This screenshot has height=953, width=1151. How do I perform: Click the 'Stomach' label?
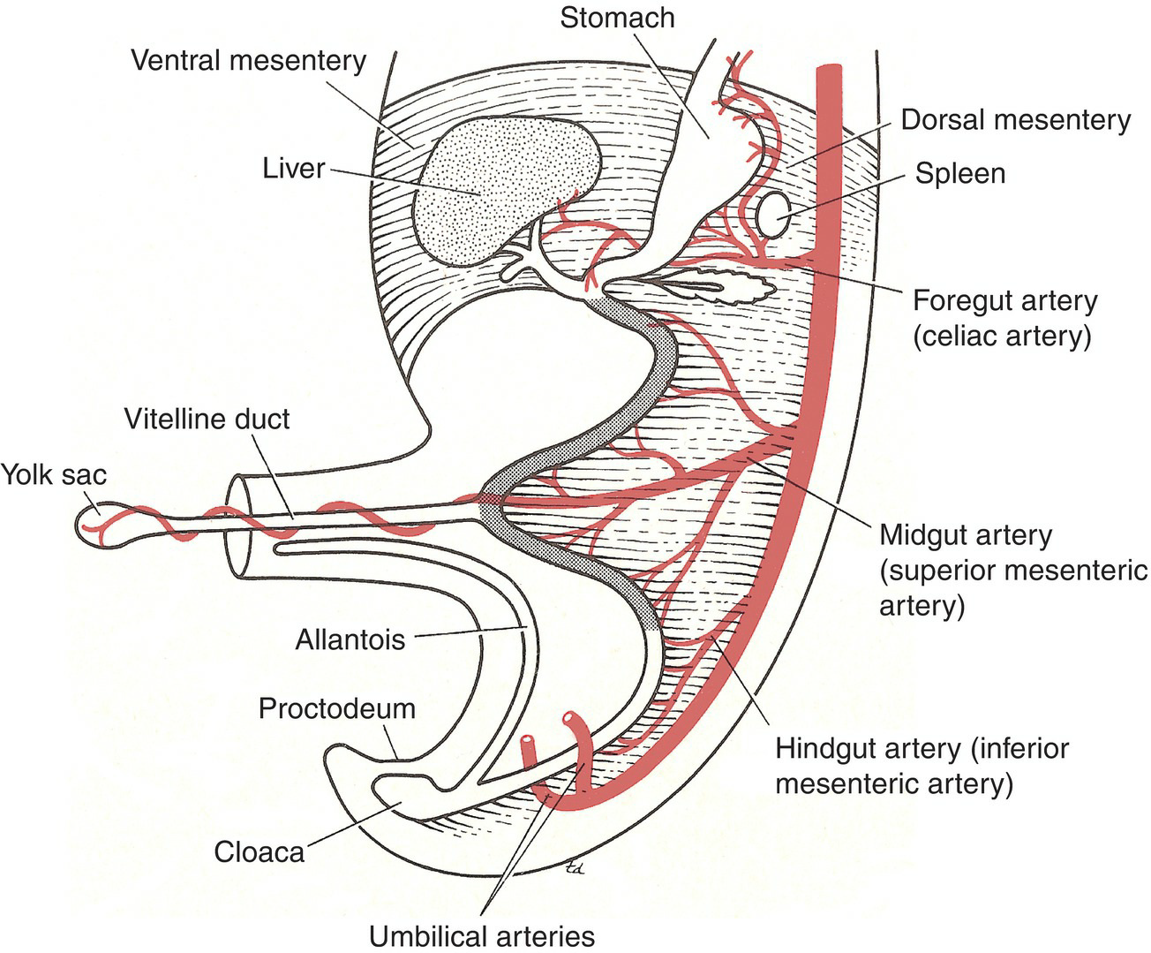click(617, 18)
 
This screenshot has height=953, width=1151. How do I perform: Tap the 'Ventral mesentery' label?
click(248, 61)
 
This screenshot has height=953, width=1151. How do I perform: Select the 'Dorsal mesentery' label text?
click(1015, 120)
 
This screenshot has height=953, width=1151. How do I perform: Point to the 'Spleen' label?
click(959, 173)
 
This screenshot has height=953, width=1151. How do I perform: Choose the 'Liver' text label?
click(293, 168)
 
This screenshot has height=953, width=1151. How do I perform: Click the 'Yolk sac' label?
click(53, 474)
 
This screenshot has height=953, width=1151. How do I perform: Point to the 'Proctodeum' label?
click(336, 708)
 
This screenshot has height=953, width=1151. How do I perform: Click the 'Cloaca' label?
click(260, 851)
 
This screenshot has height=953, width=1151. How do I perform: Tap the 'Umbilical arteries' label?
click(481, 935)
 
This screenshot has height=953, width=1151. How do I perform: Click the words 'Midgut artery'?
click(966, 535)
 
